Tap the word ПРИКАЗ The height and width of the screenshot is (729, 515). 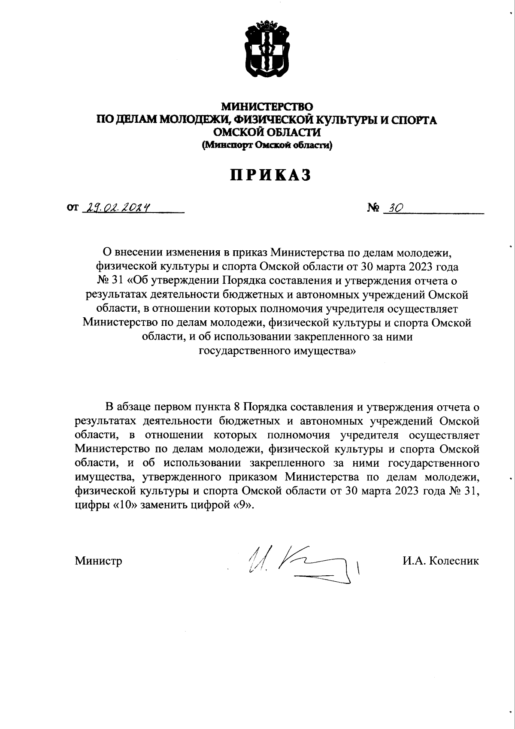(x=271, y=175)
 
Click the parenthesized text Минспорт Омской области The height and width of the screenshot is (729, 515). (x=267, y=146)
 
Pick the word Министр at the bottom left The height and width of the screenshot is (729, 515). (x=98, y=561)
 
